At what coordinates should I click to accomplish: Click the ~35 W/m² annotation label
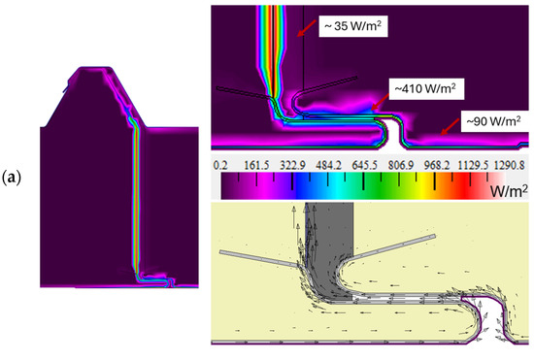(352, 26)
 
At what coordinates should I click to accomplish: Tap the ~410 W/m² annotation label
(425, 89)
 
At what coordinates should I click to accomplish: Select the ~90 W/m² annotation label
(493, 121)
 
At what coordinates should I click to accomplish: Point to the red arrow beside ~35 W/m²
(307, 27)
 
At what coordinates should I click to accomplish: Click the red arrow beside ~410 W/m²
(380, 102)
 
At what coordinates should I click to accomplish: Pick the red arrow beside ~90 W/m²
(450, 127)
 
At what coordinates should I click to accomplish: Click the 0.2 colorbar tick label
(220, 165)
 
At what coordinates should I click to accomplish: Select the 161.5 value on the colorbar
(256, 165)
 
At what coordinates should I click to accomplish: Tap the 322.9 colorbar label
(292, 165)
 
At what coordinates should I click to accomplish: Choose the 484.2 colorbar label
(328, 165)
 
